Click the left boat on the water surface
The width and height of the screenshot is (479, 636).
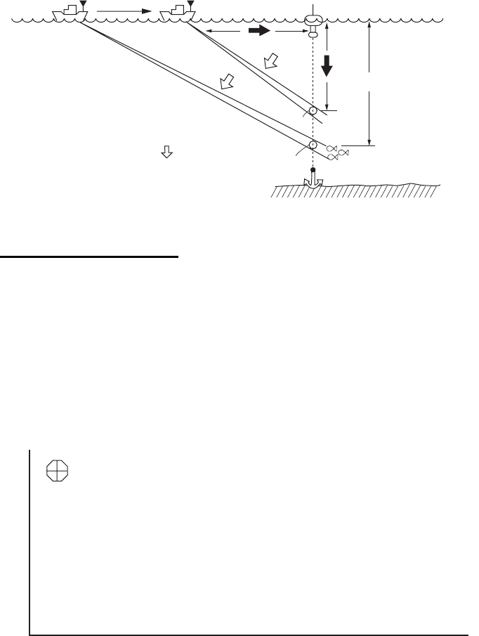67,12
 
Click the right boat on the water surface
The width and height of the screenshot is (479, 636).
175,12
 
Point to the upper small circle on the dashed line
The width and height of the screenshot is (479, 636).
313,110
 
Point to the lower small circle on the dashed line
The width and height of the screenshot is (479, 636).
313,146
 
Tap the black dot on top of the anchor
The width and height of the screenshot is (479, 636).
313,169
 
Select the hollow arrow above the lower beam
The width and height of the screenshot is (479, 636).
225,84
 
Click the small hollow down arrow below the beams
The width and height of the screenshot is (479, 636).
167,151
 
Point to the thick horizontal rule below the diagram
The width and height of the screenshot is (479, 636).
89,257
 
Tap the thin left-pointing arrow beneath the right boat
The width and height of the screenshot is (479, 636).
207,32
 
